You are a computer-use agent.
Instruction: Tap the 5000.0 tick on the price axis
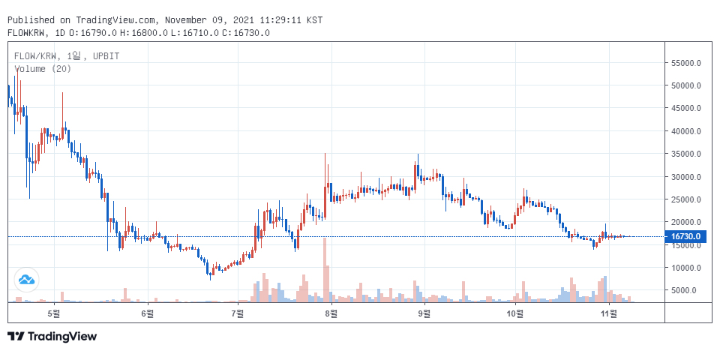click(688, 290)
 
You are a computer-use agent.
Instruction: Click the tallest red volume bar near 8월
click(325, 270)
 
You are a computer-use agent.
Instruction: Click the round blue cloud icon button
click(26, 280)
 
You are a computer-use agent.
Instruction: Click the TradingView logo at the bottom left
click(52, 337)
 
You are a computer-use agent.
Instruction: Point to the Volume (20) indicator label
click(43, 69)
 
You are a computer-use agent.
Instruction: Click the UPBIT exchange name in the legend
click(106, 56)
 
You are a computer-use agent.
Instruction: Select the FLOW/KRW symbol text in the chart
click(37, 56)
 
